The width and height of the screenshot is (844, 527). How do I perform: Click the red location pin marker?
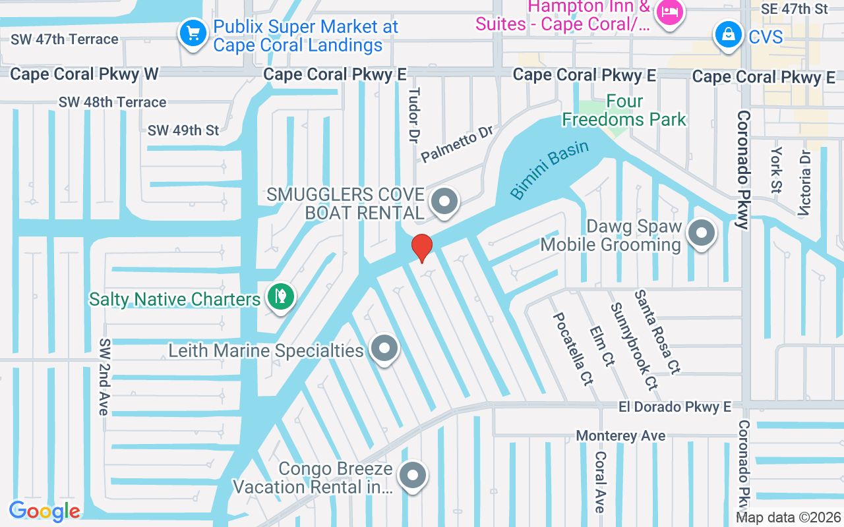(x=422, y=247)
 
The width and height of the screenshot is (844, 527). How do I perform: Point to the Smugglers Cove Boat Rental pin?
(x=445, y=201)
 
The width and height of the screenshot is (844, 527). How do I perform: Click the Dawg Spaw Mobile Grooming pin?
(x=702, y=233)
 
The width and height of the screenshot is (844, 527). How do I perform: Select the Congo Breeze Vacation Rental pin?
(x=413, y=474)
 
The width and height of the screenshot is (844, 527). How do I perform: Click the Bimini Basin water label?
(x=549, y=170)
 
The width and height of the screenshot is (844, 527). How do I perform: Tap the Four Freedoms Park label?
(x=624, y=111)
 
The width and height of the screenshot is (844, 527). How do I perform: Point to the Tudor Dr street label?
(x=414, y=116)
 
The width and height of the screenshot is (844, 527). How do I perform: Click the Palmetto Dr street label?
(x=457, y=144)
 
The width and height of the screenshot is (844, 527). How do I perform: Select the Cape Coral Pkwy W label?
(x=84, y=74)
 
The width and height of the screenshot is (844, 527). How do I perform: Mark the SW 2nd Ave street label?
(x=104, y=377)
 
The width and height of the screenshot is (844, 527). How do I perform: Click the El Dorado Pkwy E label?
(x=675, y=407)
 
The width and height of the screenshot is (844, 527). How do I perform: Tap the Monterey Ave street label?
(x=620, y=436)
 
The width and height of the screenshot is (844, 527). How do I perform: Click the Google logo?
(x=44, y=511)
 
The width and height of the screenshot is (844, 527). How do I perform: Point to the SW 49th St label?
(x=183, y=130)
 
